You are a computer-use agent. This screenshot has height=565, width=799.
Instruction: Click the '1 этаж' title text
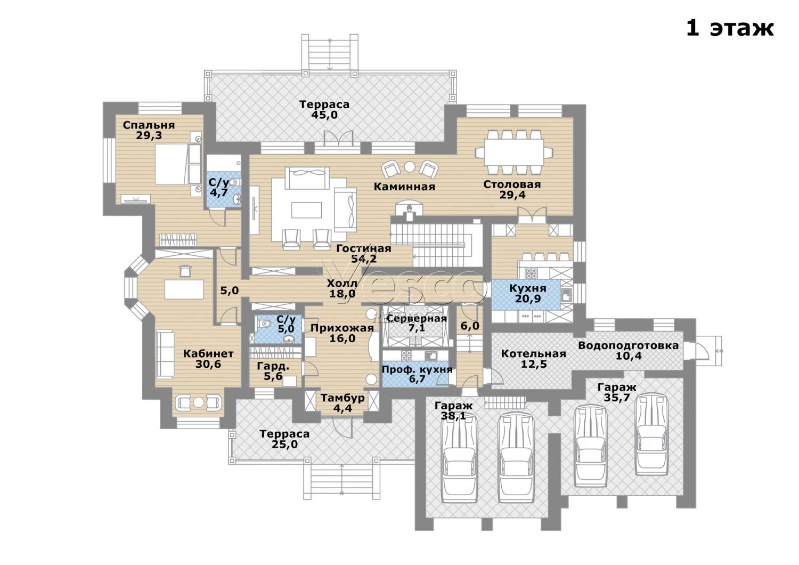[x=730, y=29]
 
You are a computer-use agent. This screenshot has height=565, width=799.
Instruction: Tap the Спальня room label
[x=149, y=125]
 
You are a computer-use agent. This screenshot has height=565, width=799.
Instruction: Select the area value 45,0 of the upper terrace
[x=324, y=115]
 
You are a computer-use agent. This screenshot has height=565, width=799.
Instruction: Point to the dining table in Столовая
[x=513, y=152]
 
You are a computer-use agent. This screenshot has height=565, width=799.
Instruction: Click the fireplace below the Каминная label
[x=409, y=210]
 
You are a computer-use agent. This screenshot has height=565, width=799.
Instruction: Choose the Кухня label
[x=527, y=288]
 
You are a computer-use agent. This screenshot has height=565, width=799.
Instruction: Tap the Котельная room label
[x=533, y=354]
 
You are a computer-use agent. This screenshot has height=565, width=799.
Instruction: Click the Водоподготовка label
[x=628, y=345]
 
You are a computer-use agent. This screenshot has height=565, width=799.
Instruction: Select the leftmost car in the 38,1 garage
[x=459, y=458]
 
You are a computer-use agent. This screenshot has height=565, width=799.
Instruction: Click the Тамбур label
[x=342, y=398]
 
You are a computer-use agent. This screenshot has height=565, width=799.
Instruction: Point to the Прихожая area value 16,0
[x=342, y=338]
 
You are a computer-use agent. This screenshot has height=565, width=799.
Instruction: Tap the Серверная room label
[x=417, y=318]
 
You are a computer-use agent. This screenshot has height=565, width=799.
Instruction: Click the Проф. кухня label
[x=417, y=369]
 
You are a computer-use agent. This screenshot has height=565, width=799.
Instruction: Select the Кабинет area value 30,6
[x=208, y=364]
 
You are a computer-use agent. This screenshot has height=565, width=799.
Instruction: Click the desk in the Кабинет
[x=184, y=289]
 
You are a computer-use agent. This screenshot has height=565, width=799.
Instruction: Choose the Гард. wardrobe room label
[x=273, y=366]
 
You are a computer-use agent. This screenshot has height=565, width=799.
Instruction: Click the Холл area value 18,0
[x=342, y=294]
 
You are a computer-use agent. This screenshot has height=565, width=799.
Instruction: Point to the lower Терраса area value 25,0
[x=284, y=445]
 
